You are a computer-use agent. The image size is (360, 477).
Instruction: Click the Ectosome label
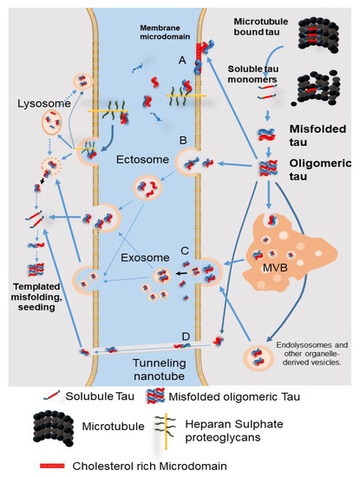[x=143, y=159]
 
